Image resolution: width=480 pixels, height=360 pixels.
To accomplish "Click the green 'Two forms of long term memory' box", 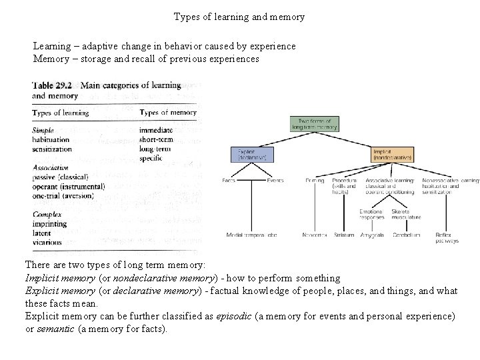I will point(315,123).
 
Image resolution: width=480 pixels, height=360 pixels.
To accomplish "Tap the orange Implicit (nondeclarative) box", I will point(393,155).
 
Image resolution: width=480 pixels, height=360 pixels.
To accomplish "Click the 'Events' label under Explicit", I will point(275,180).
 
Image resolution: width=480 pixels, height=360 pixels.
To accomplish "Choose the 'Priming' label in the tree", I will point(315,180).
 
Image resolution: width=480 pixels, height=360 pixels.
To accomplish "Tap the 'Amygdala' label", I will point(371,235).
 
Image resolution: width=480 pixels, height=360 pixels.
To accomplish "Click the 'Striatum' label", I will point(345,235).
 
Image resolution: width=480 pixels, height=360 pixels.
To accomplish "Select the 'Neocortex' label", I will point(313,235).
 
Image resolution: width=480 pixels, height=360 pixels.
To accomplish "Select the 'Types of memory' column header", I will point(168,113).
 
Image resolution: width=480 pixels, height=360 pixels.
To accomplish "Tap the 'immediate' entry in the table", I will point(156,130).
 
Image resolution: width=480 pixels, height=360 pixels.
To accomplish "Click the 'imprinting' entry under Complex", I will point(49,224).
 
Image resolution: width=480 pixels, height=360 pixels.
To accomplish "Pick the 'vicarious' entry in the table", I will point(47,243).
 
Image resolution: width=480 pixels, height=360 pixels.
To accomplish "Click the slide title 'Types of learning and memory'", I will point(239,16).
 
